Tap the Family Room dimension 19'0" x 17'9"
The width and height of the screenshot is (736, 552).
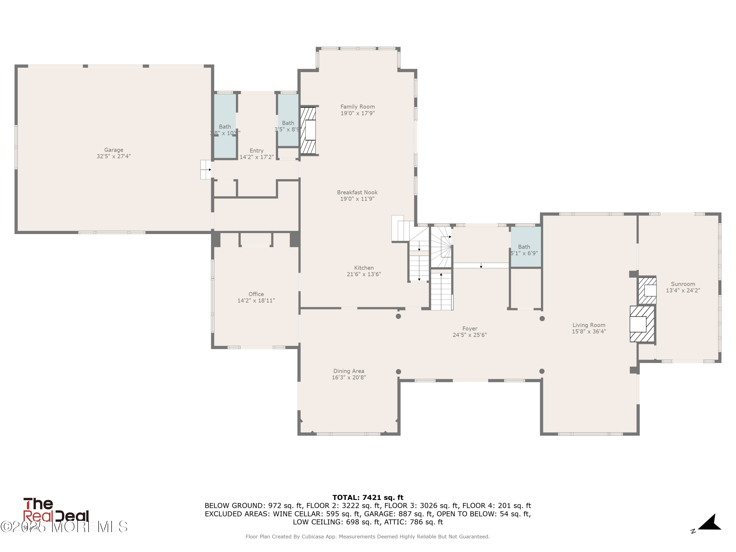[x=357, y=113]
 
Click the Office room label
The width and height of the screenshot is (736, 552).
[x=256, y=294]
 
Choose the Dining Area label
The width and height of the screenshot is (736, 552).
[x=348, y=371]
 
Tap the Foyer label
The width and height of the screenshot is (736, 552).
[x=470, y=329]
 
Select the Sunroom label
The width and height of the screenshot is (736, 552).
[x=683, y=284]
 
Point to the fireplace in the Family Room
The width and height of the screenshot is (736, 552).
[x=308, y=131]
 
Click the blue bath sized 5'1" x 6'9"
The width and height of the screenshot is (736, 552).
[x=526, y=247]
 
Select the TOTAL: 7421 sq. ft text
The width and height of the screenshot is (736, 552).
[x=368, y=498]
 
